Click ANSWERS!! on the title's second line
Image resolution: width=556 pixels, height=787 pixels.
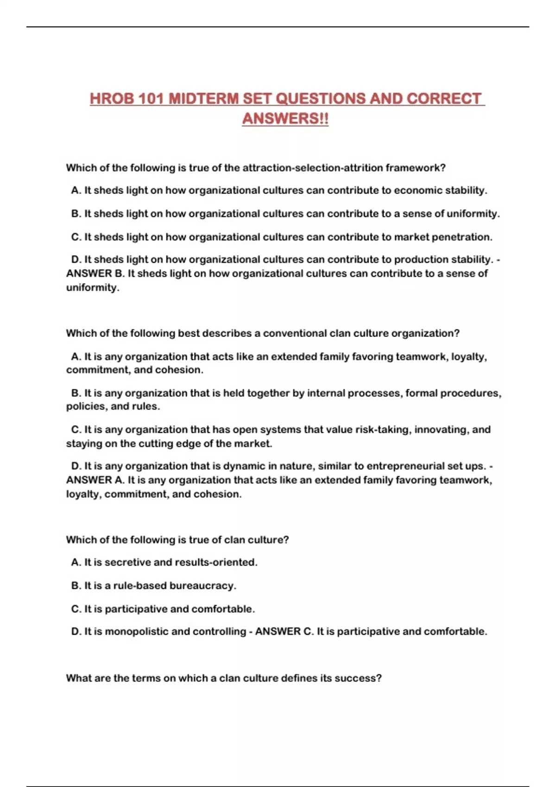pyautogui.click(x=285, y=119)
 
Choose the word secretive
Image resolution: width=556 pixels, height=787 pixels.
pyautogui.click(x=127, y=562)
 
